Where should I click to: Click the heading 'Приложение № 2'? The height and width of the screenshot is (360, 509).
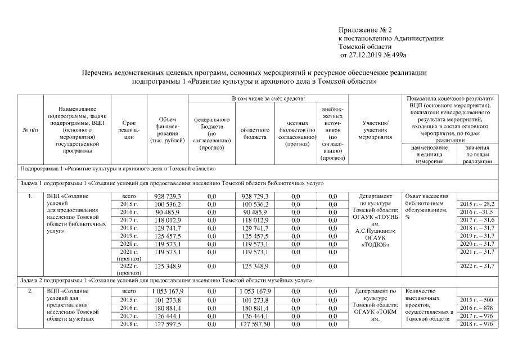[x=365, y=29]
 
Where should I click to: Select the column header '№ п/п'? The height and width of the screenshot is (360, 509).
[x=30, y=130]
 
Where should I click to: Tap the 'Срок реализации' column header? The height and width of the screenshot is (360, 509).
[x=128, y=129]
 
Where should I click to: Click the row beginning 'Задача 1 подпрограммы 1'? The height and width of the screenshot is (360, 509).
[x=172, y=183]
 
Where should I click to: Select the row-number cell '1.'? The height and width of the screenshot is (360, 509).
[x=29, y=196]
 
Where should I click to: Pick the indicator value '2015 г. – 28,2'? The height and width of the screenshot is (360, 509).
[x=477, y=203]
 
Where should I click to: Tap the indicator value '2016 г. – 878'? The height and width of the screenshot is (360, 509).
[x=476, y=308]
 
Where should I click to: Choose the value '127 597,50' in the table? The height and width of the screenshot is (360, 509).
[x=256, y=324]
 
